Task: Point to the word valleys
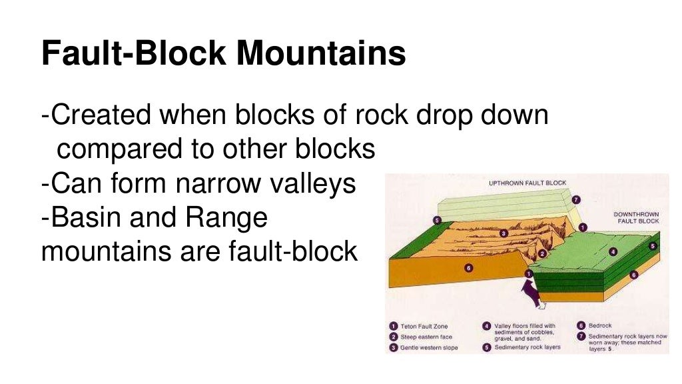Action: coord(319,183)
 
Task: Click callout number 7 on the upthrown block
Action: coord(575,199)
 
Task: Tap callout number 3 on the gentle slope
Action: coord(504,233)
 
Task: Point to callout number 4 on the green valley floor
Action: coord(613,251)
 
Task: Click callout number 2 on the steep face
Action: coord(543,253)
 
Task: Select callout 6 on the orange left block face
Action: coord(468,268)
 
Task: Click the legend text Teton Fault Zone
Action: coord(424,327)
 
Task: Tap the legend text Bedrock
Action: coord(600,326)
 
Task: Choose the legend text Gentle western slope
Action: coord(429,348)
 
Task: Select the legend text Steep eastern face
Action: coord(426,337)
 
